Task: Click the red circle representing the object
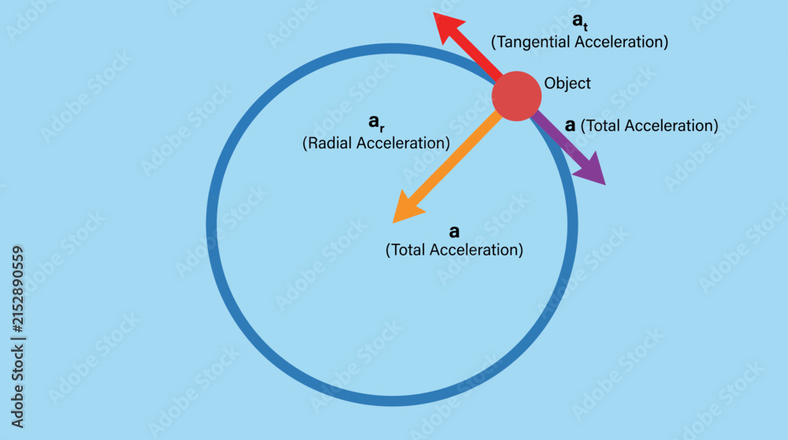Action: point(516,96)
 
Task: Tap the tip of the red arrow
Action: point(433,13)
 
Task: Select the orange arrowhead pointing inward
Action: point(408,207)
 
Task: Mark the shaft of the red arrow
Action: point(478,57)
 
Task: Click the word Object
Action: point(567,83)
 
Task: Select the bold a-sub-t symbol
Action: point(580,21)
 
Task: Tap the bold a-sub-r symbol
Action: point(377,122)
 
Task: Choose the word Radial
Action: point(329,144)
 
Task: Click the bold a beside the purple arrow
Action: point(570,125)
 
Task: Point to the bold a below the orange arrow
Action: point(455,231)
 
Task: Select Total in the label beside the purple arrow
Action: point(603,125)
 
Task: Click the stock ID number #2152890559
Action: point(17,289)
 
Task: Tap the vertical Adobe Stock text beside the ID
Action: point(17,386)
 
